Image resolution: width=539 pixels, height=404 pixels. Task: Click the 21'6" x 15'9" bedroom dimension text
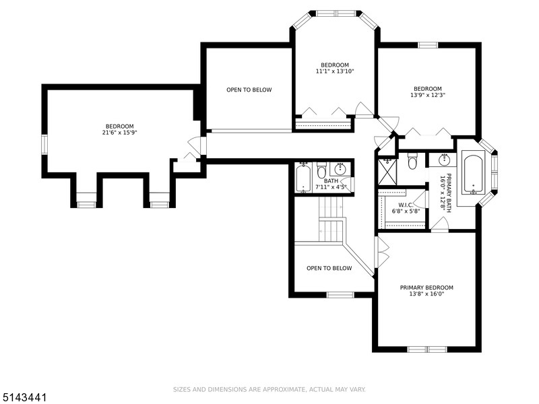[x=119, y=133]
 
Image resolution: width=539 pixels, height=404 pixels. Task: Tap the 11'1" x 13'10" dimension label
[x=335, y=71]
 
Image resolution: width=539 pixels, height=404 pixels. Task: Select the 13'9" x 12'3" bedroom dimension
[x=427, y=96]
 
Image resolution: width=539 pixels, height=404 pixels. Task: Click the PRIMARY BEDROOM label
[x=426, y=287]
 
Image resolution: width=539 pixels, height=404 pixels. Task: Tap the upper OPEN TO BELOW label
[x=249, y=90]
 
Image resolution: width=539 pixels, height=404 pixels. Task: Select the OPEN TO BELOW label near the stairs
[x=329, y=268]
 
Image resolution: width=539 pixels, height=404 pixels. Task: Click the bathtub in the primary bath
[x=473, y=174]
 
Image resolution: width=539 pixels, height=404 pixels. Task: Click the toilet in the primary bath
[x=413, y=162]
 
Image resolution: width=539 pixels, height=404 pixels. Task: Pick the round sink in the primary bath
[x=444, y=160]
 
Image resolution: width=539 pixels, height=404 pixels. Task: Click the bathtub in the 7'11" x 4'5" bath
[x=303, y=177]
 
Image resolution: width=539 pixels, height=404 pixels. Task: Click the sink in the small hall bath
[x=340, y=168]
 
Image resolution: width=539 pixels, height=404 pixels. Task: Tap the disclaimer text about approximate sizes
[x=269, y=389]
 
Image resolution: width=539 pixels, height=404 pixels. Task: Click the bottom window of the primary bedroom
[x=426, y=349]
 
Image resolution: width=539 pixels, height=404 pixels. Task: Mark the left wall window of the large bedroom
[x=44, y=144]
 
